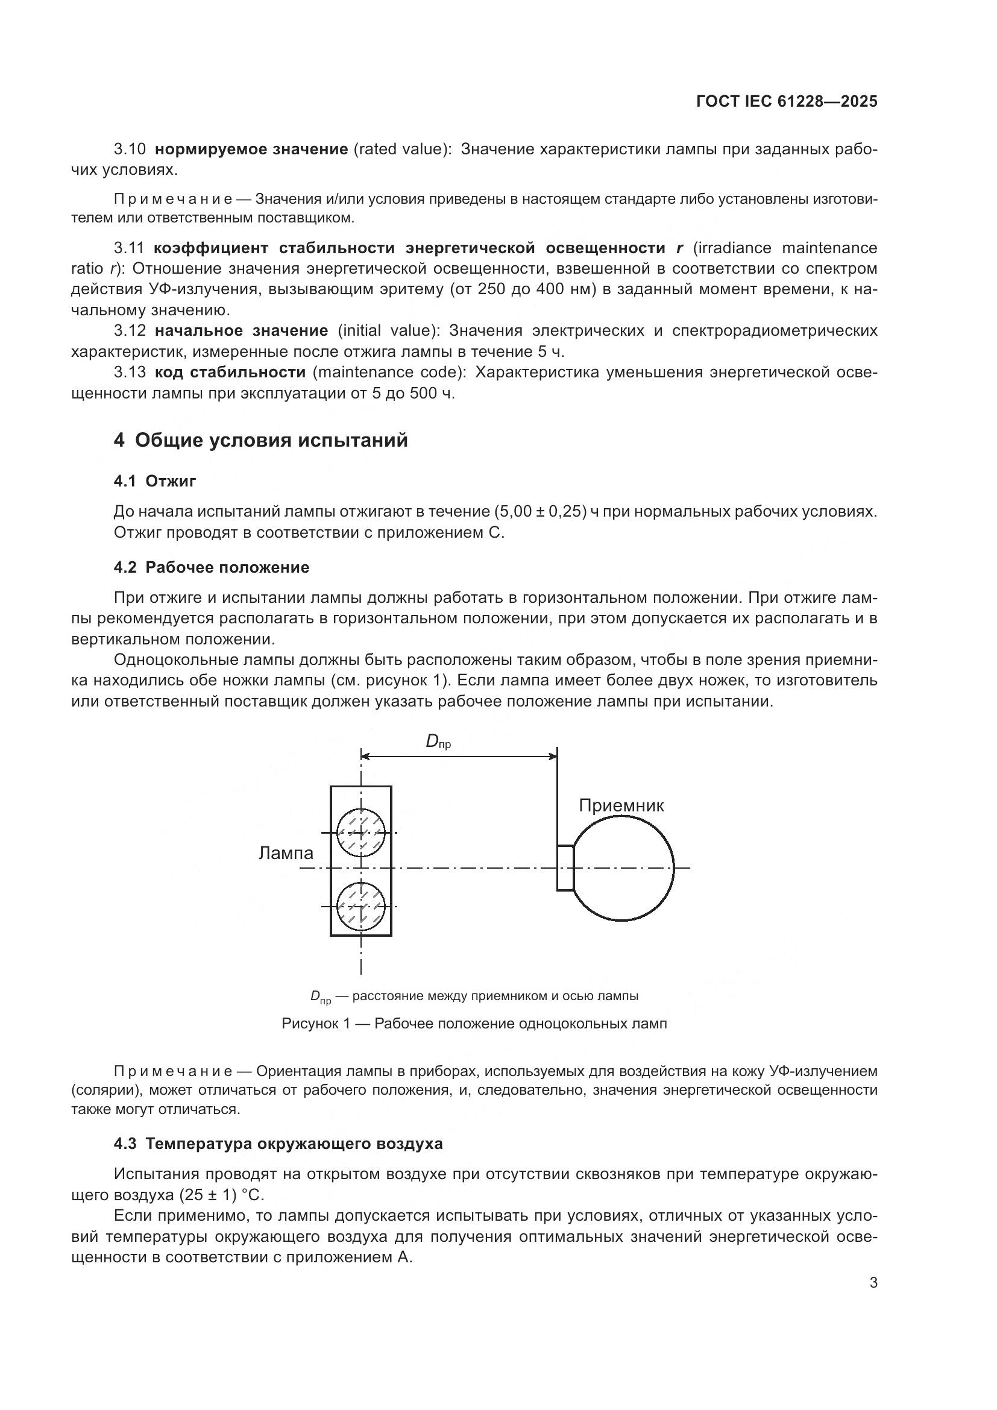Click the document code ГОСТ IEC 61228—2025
[787, 102]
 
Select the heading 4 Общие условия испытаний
[260, 440]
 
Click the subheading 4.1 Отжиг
[155, 482]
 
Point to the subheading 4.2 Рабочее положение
[211, 567]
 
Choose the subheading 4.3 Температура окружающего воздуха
[277, 1144]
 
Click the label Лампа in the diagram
[286, 853]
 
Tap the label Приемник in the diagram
[621, 806]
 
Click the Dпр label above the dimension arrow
[438, 743]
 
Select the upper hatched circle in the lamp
[361, 832]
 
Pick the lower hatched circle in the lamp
[361, 907]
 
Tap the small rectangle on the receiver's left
[565, 867]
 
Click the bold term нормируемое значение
[251, 149]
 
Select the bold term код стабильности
[230, 372]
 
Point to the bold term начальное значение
[241, 331]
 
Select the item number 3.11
[129, 248]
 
